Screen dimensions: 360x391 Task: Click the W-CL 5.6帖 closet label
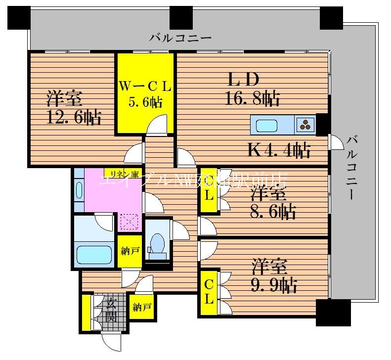pyautogui.click(x=145, y=94)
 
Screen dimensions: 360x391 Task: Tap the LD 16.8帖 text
pyautogui.click(x=252, y=89)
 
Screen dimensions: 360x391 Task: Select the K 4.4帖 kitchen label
pyautogui.click(x=279, y=149)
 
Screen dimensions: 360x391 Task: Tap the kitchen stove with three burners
pyautogui.click(x=305, y=125)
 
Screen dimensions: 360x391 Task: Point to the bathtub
pyautogui.click(x=95, y=255)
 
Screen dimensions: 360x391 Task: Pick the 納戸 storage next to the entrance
pyautogui.click(x=141, y=308)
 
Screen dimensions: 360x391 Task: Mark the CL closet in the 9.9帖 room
pyautogui.click(x=209, y=292)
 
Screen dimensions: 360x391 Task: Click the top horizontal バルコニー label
pyautogui.click(x=180, y=38)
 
